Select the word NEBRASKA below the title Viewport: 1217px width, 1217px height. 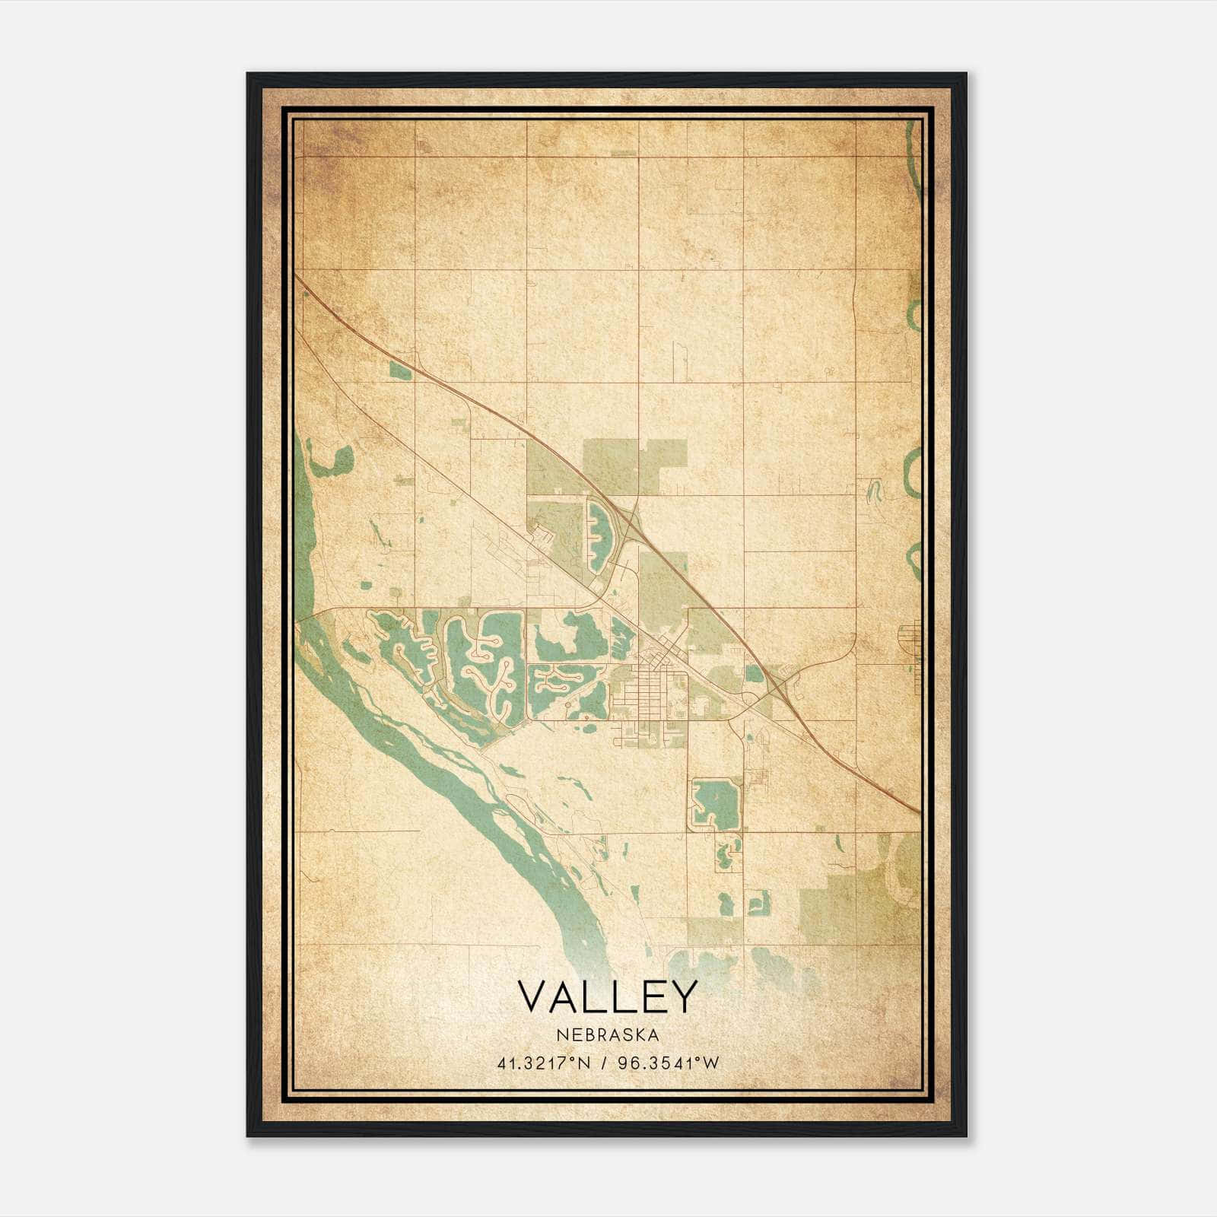click(607, 1034)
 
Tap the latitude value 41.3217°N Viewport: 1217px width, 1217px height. click(543, 1063)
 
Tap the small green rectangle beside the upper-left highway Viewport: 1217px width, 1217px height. click(399, 370)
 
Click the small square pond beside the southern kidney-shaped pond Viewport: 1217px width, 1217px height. click(758, 903)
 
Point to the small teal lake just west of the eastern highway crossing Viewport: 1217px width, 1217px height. click(753, 672)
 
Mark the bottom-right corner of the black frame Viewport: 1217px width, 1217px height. click(966, 1136)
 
